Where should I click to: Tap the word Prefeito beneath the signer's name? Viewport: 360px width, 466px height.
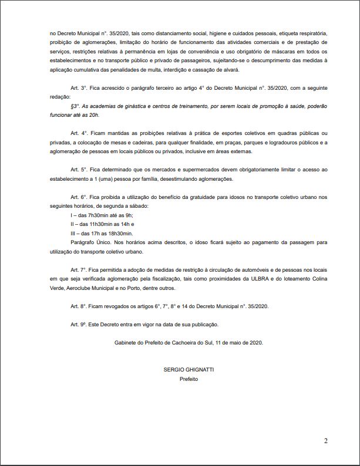(189, 379)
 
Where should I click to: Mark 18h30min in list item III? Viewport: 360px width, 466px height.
(119, 234)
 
